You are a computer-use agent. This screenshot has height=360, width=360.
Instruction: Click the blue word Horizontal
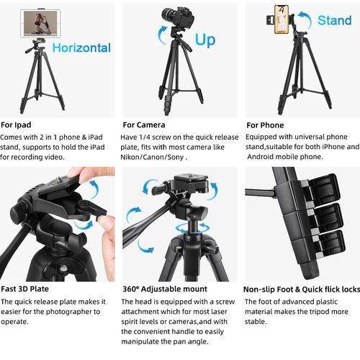point(81,48)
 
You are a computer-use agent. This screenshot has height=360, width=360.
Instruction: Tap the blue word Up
point(205,40)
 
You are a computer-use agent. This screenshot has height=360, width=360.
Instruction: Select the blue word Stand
point(335,20)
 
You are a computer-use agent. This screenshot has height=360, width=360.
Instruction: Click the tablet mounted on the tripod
point(40,23)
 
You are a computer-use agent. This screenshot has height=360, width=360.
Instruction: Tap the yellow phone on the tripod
point(282,19)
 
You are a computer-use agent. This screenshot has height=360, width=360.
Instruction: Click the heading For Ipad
point(16,125)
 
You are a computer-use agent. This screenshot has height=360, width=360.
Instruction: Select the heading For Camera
point(144,125)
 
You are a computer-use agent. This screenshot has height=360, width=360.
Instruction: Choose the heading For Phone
point(265,125)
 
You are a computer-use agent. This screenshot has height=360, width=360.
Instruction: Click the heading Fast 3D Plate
point(24,289)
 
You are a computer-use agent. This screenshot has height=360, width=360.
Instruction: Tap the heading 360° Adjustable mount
point(165,289)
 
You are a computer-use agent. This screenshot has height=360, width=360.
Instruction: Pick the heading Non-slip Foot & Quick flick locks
point(302,289)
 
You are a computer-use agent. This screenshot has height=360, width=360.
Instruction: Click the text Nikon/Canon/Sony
point(152,157)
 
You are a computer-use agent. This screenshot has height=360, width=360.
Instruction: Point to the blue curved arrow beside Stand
point(305,19)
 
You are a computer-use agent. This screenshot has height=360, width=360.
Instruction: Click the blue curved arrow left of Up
point(163,35)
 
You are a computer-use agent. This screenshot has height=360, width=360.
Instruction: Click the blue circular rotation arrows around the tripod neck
point(192,228)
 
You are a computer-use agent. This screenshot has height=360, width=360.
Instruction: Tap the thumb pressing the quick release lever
point(107,222)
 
